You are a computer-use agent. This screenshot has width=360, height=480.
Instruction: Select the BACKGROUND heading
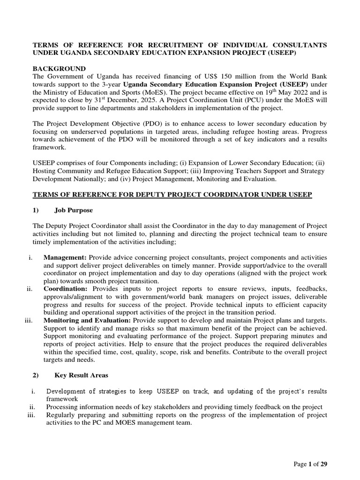(x=59, y=69)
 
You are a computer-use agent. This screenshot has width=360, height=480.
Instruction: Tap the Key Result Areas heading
(x=82, y=375)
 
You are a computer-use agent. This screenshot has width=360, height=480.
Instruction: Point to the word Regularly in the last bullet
(x=62, y=415)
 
